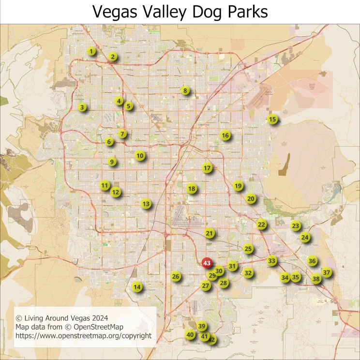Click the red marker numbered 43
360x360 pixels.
[x=207, y=263]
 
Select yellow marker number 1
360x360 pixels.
[x=92, y=51]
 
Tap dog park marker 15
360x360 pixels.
[x=272, y=119]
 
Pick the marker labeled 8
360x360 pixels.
[x=184, y=90]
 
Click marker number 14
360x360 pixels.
[x=137, y=286]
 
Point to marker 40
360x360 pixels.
[x=190, y=334]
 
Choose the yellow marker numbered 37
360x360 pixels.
[x=327, y=272]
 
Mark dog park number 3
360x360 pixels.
[x=82, y=107]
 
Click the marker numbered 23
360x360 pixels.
[x=296, y=225]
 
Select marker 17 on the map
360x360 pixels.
[x=207, y=168]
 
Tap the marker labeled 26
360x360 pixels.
[x=176, y=277]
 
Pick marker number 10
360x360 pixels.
[x=140, y=155]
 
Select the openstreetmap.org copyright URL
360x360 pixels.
[x=84, y=336]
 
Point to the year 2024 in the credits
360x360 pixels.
[x=99, y=318]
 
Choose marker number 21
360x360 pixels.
[x=209, y=233]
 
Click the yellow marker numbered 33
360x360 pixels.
[x=272, y=261]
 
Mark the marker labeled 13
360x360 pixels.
[x=146, y=204]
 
